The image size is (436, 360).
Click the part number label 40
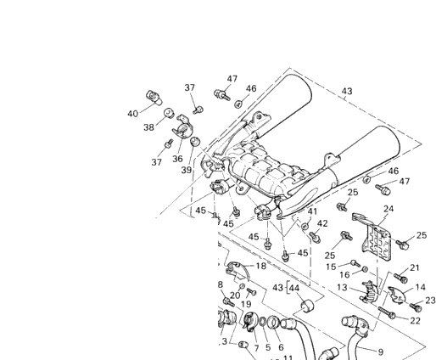pos(132,114)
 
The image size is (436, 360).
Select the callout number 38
pos(149,127)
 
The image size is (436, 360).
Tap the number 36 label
pos(177,159)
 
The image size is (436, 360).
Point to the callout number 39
pos(187,170)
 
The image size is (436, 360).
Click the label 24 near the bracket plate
pos(388,209)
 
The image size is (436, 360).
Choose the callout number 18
pos(261,266)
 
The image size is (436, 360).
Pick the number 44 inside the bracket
pos(294,288)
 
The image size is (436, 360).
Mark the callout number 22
pos(415,321)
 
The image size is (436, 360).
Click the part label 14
pos(421,287)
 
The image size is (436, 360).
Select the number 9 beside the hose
pos(381,352)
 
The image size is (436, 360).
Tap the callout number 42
pos(322,223)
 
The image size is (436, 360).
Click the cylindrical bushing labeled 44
pos(306,307)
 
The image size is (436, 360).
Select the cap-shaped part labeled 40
pos(154,97)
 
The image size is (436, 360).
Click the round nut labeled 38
pos(169,113)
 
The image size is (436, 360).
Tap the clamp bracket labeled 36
pos(183,127)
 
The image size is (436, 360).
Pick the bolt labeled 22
pos(387,312)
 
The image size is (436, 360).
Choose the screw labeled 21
pos(401,278)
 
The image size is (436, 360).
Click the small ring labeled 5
pos(263,322)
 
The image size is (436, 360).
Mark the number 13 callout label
pos(342,288)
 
